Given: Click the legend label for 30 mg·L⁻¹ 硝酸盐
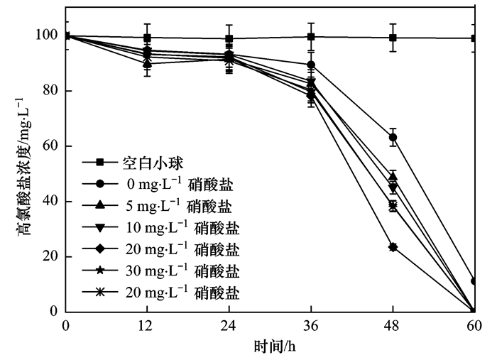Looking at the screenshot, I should coord(182,271).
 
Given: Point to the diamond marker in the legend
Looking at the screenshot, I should coord(99,249).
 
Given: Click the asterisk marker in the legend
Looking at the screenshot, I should coord(99,292).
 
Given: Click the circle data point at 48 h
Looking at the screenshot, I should coord(393,137).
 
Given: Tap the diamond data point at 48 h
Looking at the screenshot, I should coord(393,247).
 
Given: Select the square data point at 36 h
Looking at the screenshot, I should coord(311,37).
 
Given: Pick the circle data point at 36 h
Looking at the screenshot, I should coord(311,65).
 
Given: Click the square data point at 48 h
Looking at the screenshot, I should coord(393,38).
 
